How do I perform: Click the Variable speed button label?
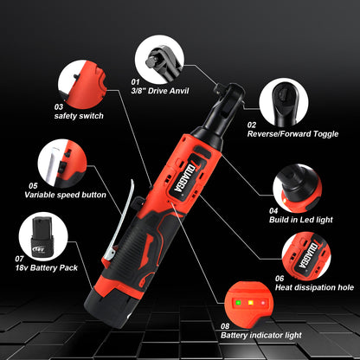point(65,195)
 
